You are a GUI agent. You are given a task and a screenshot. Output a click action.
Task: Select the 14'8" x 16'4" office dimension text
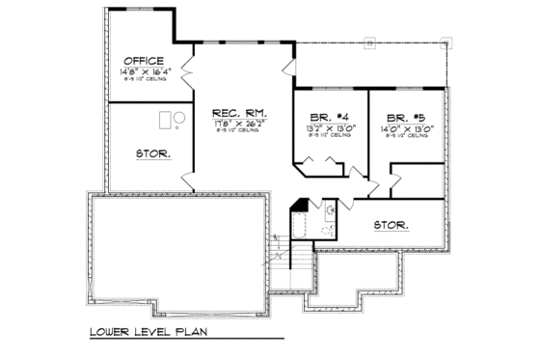pyautogui.click(x=146, y=71)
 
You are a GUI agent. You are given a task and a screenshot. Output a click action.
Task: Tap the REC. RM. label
pyautogui.click(x=240, y=111)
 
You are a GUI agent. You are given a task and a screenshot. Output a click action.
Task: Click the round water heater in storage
pyautogui.click(x=179, y=118)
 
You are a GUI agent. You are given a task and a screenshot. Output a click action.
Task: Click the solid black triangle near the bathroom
pyautogui.click(x=300, y=205)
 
